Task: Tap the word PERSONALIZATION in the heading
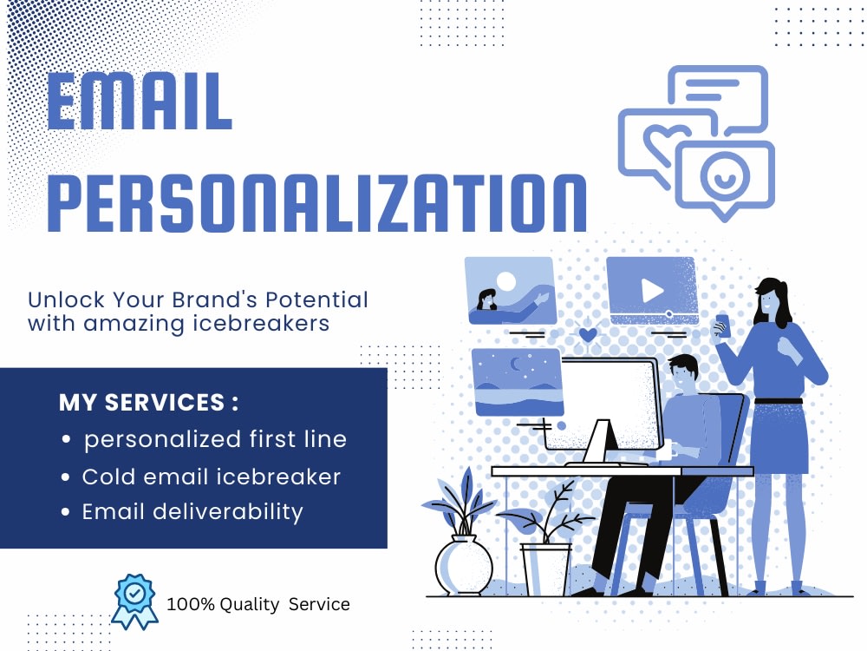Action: [316, 201]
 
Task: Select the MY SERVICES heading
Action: [148, 403]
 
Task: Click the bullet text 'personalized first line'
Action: [215, 439]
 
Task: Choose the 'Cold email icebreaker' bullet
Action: [211, 477]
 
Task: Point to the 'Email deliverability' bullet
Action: [192, 512]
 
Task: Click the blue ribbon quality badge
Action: [134, 600]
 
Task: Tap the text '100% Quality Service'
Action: [258, 604]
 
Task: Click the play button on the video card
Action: [652, 290]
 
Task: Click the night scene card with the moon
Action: [517, 380]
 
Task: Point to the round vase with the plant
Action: [463, 564]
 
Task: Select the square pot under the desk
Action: [545, 568]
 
